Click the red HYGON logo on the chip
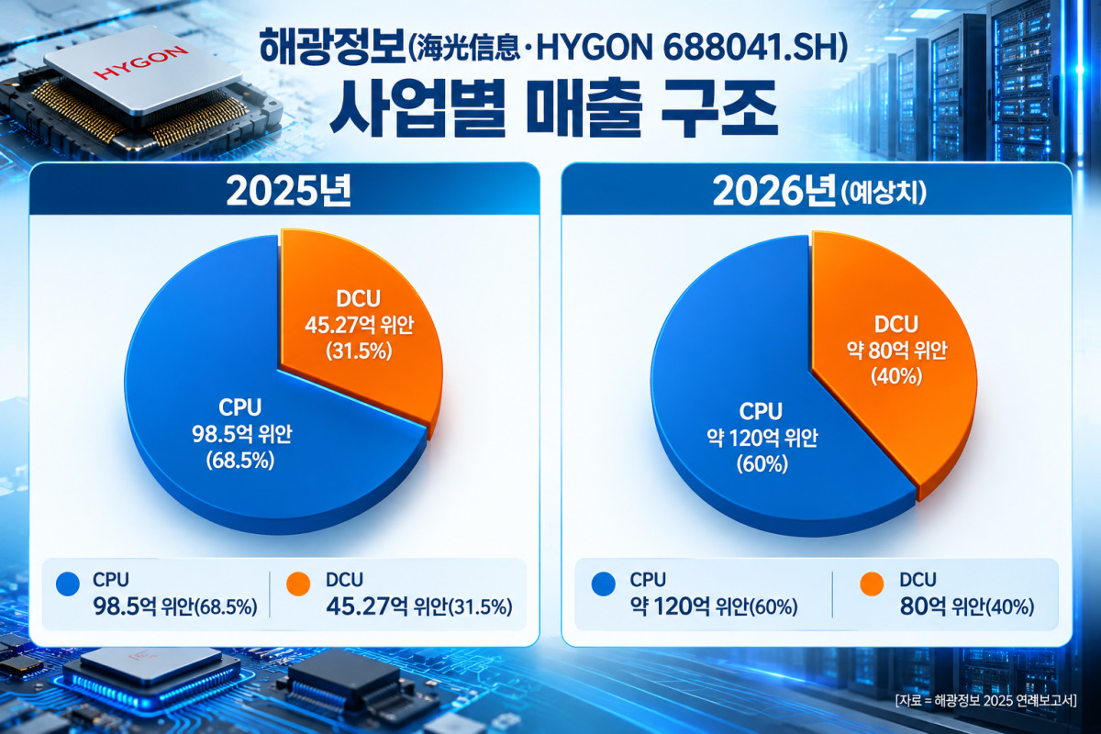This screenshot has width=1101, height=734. point(140,62)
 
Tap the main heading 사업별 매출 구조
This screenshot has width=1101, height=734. point(554,108)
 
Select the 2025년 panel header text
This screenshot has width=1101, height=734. point(288,191)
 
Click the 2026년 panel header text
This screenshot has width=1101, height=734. point(773,191)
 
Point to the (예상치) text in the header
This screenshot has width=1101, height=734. point(884,193)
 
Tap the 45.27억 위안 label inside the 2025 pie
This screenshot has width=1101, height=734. point(360,325)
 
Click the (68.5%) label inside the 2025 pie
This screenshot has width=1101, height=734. point(240,461)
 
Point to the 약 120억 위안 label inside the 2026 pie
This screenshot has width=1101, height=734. point(762,437)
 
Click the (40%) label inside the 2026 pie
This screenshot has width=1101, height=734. point(896,376)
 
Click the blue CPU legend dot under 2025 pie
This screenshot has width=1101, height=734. point(68,584)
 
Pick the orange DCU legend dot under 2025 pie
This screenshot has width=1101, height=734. point(298,584)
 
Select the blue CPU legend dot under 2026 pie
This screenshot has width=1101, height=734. point(604,584)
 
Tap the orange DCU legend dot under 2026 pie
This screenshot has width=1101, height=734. point(872,584)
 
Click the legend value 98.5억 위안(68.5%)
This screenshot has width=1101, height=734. point(175,607)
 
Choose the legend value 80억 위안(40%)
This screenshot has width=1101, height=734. point(967,607)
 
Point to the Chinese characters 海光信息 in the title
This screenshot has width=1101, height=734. point(468,50)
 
